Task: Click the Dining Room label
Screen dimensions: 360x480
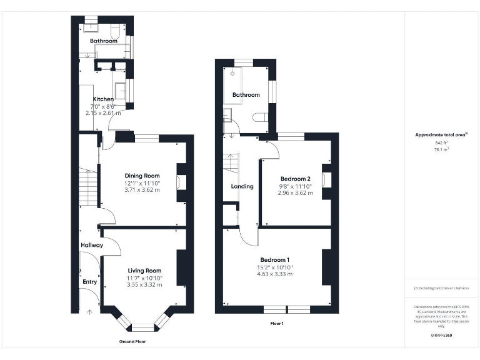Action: point(142,176)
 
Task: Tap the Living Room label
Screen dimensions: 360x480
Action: point(144,271)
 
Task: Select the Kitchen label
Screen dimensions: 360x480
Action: point(103,99)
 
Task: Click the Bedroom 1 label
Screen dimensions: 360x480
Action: point(275,259)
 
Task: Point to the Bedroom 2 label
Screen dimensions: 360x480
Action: point(294,179)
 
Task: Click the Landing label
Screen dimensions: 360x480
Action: point(242,186)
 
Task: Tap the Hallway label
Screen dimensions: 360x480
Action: point(91,246)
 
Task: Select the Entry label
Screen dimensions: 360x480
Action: point(90,282)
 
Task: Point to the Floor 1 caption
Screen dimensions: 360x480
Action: point(277,324)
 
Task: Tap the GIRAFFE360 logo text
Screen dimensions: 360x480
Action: point(442,336)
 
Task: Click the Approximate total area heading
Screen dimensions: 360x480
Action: point(441,134)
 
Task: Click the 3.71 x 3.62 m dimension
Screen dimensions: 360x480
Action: point(142,189)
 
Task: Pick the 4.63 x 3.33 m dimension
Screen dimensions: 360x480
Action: point(275,274)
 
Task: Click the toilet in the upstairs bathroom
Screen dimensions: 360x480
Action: point(262,116)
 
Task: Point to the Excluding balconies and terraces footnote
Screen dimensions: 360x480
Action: point(441,287)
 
